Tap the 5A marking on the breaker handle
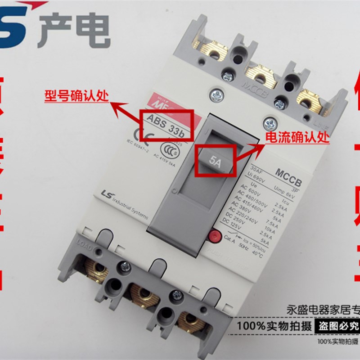(215, 159)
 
